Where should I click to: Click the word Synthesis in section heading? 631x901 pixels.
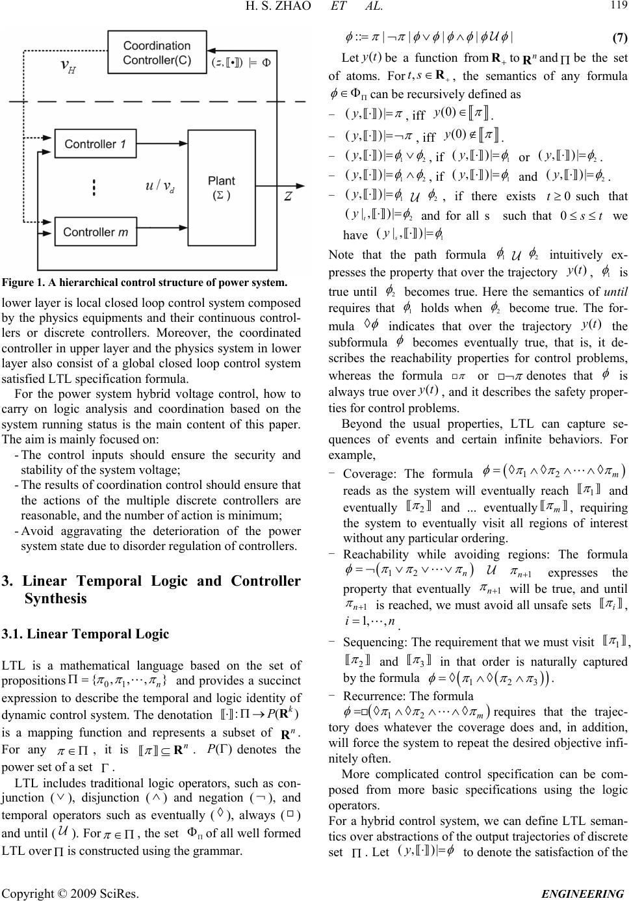(x=55, y=598)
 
